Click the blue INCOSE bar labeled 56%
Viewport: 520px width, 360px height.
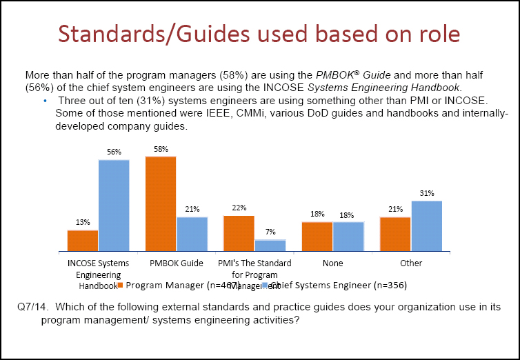tap(114, 206)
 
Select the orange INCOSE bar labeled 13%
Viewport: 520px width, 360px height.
tap(82, 241)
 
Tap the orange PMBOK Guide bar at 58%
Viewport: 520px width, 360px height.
tap(161, 204)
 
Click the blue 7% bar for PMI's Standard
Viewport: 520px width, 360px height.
tap(270, 246)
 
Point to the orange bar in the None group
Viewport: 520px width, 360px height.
tap(317, 237)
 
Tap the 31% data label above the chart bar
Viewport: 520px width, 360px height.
tap(427, 194)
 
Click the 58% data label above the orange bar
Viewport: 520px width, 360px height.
tap(161, 149)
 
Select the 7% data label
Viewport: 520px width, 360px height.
tap(270, 232)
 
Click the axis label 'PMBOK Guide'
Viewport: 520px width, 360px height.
tap(177, 263)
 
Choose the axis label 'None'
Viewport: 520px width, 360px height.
tap(332, 263)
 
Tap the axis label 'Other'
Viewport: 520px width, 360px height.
tap(411, 263)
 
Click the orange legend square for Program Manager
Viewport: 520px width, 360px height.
tap(120, 285)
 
